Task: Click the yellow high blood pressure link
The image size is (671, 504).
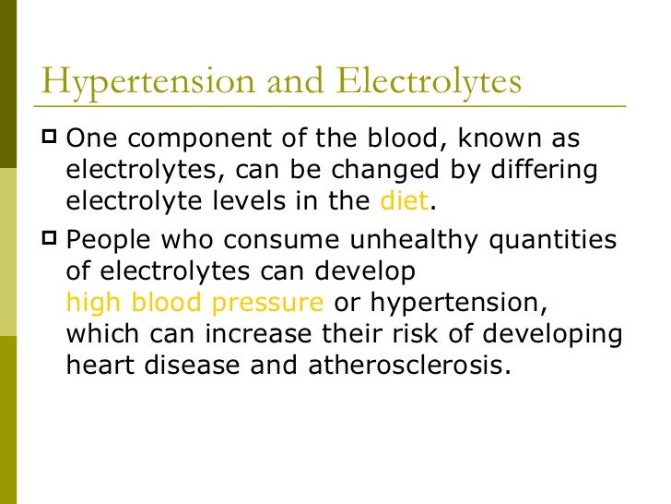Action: pyautogui.click(x=195, y=303)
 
